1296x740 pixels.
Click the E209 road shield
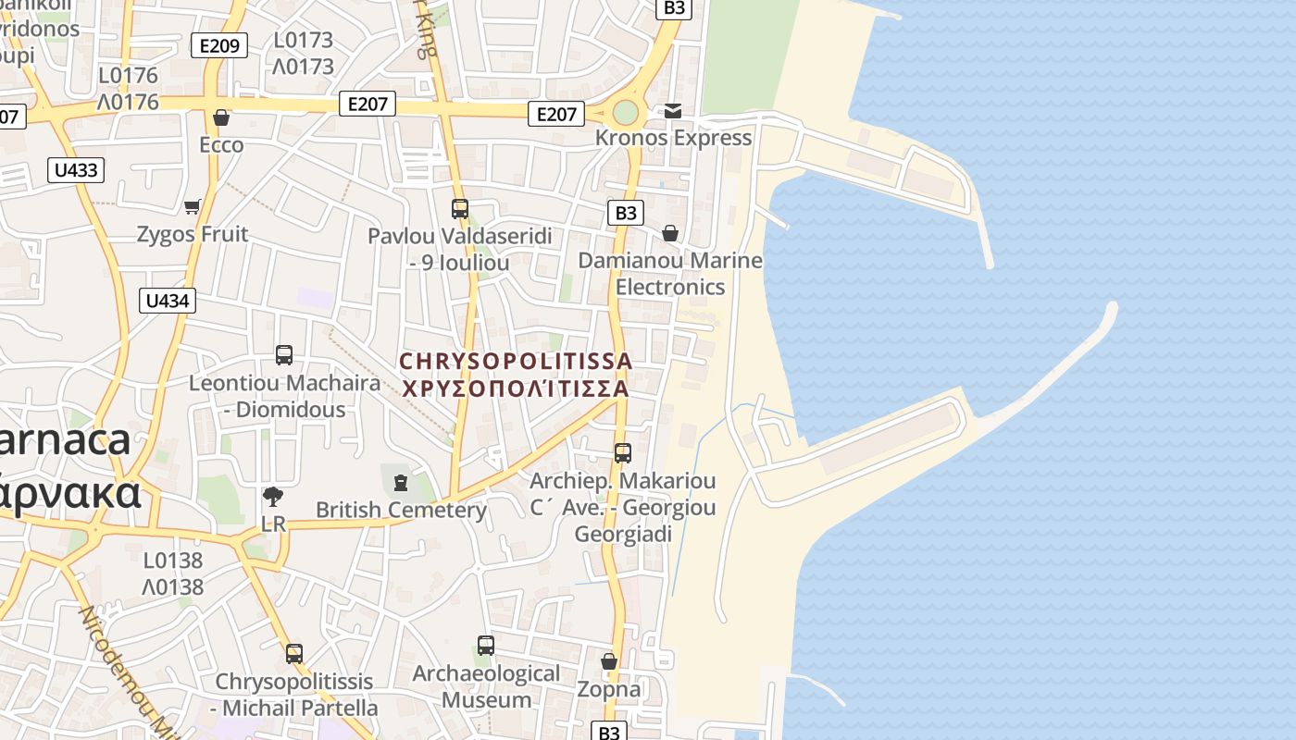[219, 45]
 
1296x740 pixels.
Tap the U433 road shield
[76, 170]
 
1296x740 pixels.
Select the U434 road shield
[168, 301]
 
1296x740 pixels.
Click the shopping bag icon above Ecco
[221, 117]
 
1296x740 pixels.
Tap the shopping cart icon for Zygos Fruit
[193, 206]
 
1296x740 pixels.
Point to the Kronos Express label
[673, 138]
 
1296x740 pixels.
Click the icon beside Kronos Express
[673, 111]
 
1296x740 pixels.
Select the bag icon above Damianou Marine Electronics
[670, 233]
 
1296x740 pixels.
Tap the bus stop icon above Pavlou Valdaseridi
[460, 209]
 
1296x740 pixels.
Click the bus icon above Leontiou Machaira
[284, 355]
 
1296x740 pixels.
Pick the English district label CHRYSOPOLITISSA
[516, 361]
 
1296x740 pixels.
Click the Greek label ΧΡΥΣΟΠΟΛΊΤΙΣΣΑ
[516, 388]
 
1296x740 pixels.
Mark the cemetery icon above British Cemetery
[400, 483]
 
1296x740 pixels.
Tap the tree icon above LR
[273, 497]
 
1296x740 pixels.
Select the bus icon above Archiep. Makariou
[623, 453]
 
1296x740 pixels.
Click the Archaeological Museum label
[486, 686]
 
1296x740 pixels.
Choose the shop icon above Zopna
[609, 661]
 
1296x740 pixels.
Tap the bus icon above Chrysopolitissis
[294, 654]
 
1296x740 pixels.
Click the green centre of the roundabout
[626, 113]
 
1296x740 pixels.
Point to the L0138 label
[173, 561]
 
